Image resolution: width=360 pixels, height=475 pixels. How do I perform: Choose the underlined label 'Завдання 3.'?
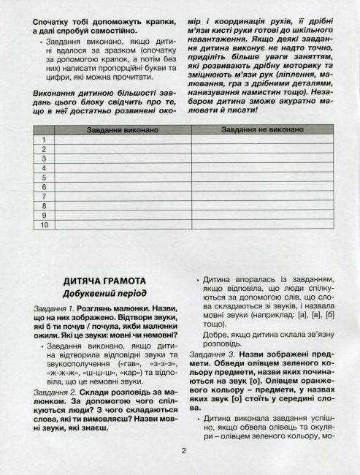click(x=218, y=354)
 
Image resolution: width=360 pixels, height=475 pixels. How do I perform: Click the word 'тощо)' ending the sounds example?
click(x=216, y=322)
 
